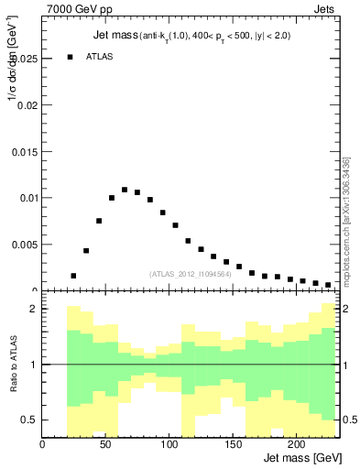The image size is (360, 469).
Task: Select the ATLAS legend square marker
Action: click(70, 57)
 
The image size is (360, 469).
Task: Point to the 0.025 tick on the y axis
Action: click(25, 59)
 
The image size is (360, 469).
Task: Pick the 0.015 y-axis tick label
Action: click(25, 152)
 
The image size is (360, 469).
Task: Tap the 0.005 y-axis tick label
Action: click(25, 245)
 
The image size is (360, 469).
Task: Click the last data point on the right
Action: click(328, 285)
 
